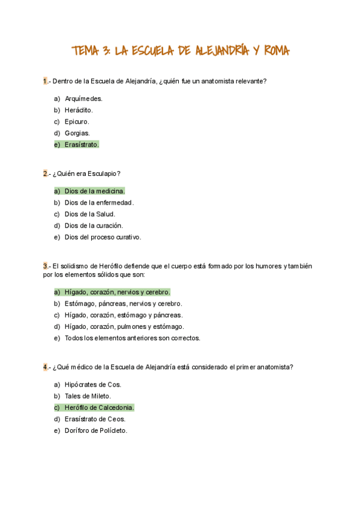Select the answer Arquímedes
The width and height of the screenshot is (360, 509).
(x=83, y=98)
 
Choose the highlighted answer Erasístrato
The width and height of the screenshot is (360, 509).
(x=82, y=145)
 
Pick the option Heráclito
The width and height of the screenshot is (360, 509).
(x=79, y=110)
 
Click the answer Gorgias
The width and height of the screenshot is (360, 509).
(x=77, y=133)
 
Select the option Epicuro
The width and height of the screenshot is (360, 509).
(x=77, y=121)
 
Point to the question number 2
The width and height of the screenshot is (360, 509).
(x=45, y=173)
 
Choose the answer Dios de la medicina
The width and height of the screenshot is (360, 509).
(x=94, y=191)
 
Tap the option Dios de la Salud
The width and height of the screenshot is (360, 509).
(x=89, y=214)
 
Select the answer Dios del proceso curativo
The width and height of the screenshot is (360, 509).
(x=103, y=237)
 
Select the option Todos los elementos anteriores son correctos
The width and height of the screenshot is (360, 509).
(x=132, y=338)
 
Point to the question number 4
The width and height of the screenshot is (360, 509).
(x=45, y=367)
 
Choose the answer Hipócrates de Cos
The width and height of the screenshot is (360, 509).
(x=92, y=385)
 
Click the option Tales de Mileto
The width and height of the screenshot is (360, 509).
(x=88, y=396)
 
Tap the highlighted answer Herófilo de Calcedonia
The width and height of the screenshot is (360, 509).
(x=99, y=408)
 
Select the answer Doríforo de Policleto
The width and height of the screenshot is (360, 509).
(x=96, y=430)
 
